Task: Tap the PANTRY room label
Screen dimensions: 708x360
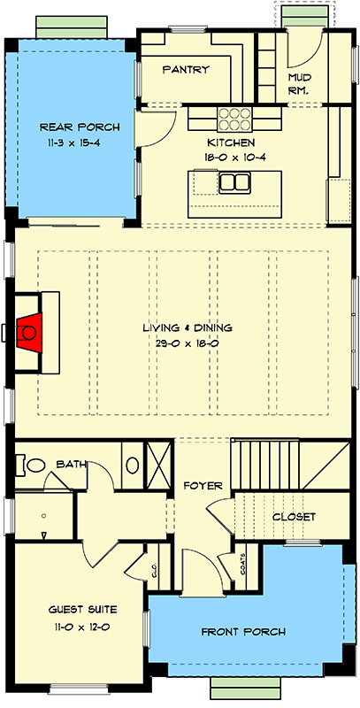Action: pos(186,70)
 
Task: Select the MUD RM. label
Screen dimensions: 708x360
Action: pos(300,84)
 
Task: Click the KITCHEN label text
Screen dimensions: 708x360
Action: pos(231,142)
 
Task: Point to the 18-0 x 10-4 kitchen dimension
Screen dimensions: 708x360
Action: pos(231,157)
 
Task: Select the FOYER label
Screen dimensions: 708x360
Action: pos(203,485)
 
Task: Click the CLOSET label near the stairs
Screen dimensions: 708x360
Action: pos(294,517)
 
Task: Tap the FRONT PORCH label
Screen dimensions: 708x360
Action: pos(243,632)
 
